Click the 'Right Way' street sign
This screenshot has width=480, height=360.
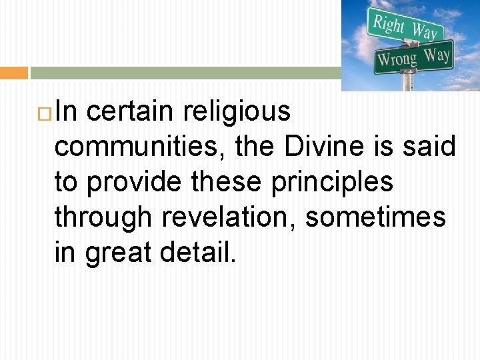tap(404, 27)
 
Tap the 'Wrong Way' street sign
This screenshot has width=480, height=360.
tap(413, 57)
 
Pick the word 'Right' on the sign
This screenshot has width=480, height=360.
tap(389, 24)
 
